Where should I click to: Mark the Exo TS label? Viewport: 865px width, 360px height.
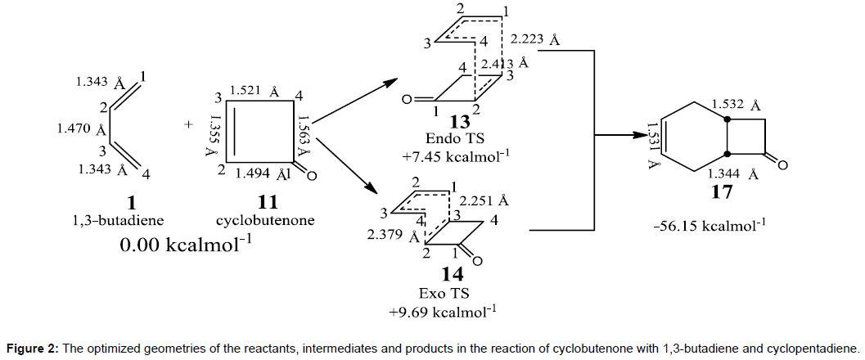pos(447,293)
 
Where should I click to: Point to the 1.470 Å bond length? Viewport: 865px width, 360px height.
pos(77,129)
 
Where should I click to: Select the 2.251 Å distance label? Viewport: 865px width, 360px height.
pos(484,200)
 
